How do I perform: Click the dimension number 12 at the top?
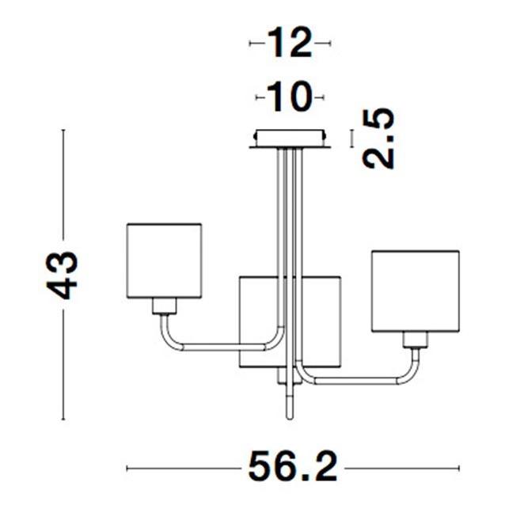point(290,43)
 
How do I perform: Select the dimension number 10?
point(289,97)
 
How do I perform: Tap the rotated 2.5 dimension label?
point(378,139)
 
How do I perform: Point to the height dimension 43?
point(62,275)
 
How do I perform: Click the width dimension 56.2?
point(293,467)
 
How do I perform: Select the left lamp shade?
point(165,260)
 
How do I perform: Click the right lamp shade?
point(416,291)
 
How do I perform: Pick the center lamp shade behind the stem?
point(290,321)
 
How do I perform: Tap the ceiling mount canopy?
point(290,139)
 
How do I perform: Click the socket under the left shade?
point(165,306)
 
